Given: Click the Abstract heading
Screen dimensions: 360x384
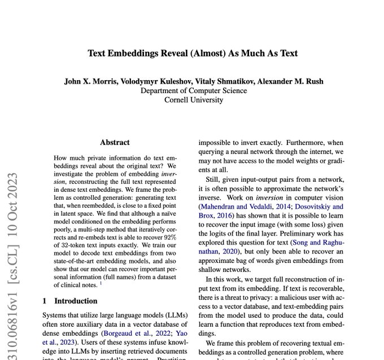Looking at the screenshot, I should (x=115, y=143).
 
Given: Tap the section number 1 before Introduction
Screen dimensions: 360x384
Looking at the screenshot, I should (x=45, y=301).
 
